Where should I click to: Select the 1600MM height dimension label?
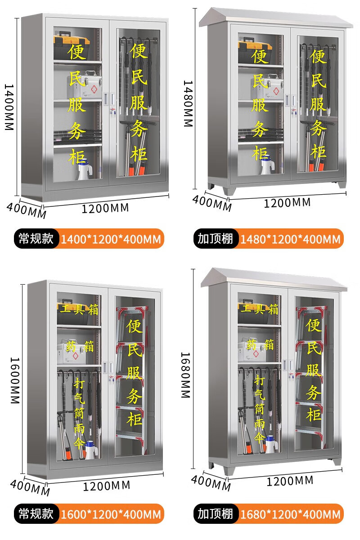pyautogui.click(x=14, y=380)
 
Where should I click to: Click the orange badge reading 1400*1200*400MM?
pyautogui.click(x=110, y=239)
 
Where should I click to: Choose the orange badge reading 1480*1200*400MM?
pyautogui.click(x=290, y=239)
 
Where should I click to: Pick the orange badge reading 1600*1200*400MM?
pyautogui.click(x=110, y=513)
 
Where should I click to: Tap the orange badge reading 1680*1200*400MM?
pyautogui.click(x=290, y=513)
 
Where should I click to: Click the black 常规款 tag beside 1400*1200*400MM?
pyautogui.click(x=36, y=239)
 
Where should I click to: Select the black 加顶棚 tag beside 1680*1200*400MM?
pyautogui.click(x=216, y=513)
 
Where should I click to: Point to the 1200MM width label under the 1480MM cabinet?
pyautogui.click(x=287, y=202)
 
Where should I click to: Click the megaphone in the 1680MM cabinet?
pyautogui.click(x=270, y=443)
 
